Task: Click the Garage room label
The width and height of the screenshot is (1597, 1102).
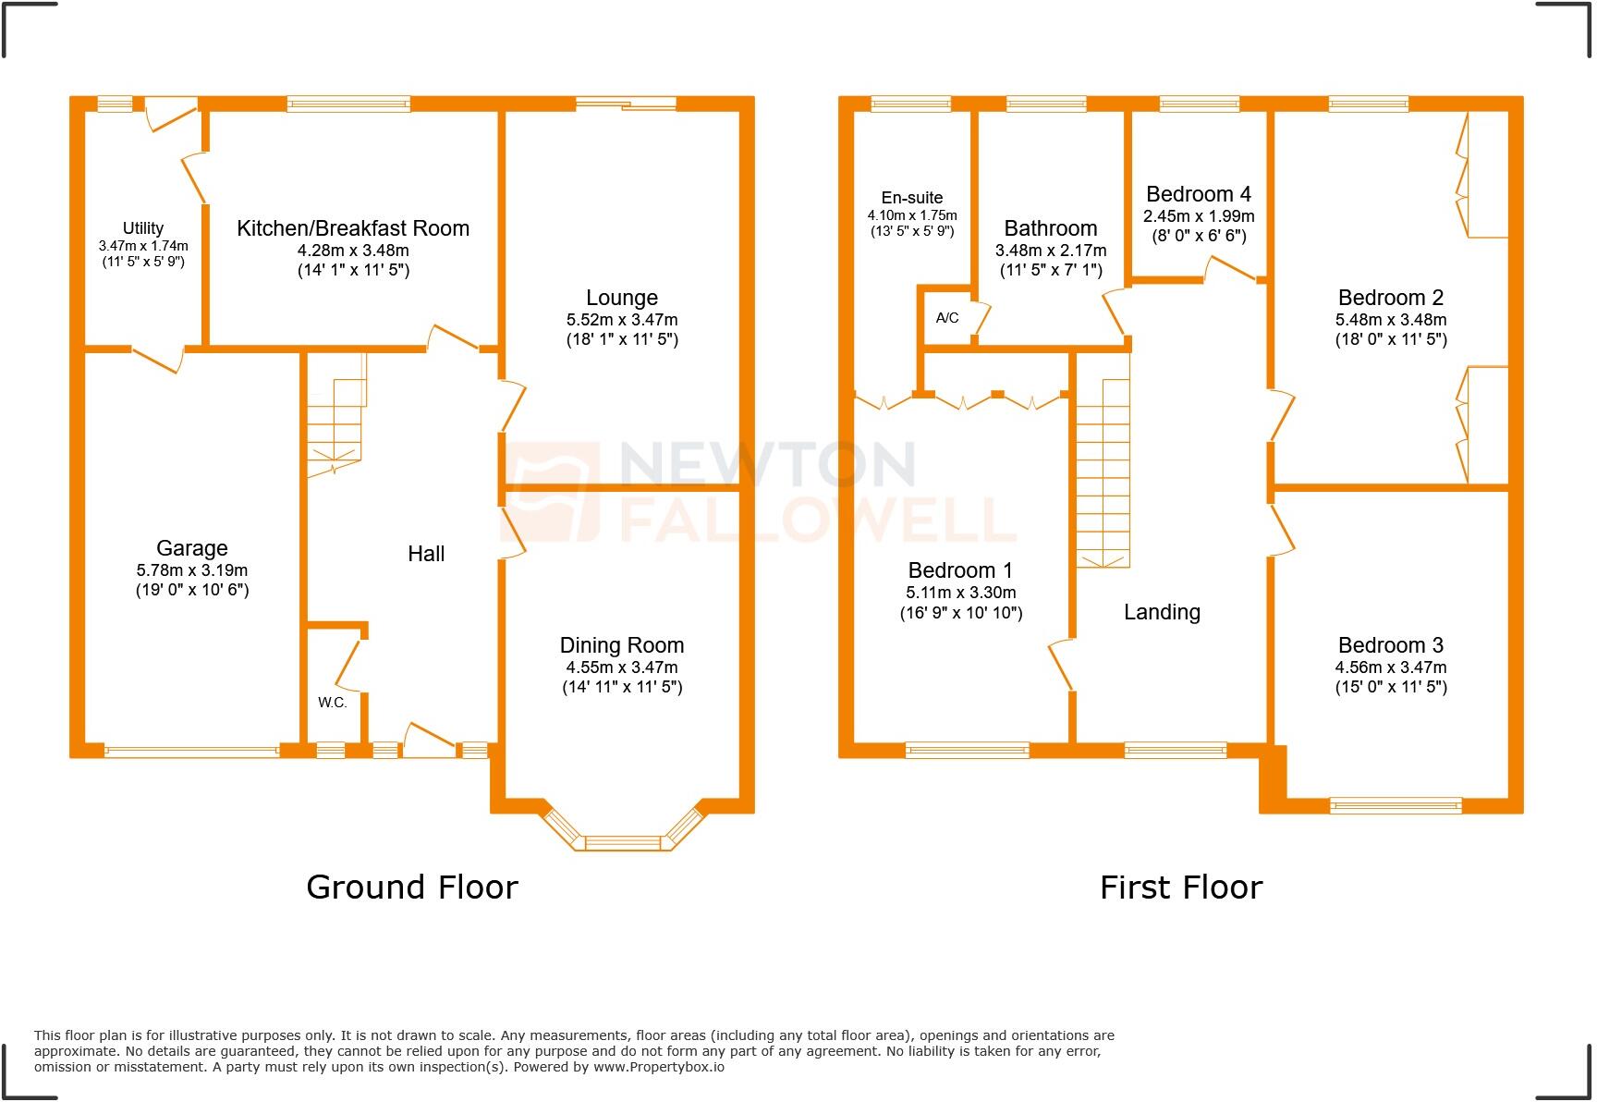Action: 191,548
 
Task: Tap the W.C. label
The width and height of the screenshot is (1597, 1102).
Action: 333,703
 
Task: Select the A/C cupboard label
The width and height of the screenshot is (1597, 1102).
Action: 947,318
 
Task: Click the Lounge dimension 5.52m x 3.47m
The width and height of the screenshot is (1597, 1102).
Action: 622,320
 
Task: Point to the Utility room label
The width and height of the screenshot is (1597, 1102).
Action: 143,228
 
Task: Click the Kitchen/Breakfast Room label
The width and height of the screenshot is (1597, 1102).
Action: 353,228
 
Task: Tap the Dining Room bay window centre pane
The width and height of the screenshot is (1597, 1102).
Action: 624,842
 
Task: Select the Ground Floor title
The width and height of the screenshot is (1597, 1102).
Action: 412,888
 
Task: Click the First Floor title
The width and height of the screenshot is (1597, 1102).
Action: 1180,888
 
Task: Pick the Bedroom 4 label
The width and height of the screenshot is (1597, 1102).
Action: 1199,194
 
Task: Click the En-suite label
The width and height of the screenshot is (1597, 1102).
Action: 912,198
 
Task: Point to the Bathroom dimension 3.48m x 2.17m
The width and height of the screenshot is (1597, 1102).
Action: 1051,251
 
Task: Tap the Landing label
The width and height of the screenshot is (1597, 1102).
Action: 1162,612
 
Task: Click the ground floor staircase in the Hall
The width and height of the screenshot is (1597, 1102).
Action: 335,416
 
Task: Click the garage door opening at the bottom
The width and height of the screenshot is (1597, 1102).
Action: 191,752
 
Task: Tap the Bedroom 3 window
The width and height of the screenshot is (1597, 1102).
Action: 1396,806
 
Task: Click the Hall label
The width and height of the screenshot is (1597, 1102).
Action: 426,554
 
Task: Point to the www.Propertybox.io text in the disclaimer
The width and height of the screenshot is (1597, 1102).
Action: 658,1067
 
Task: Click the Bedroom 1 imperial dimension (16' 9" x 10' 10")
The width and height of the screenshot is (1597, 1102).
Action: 961,613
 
